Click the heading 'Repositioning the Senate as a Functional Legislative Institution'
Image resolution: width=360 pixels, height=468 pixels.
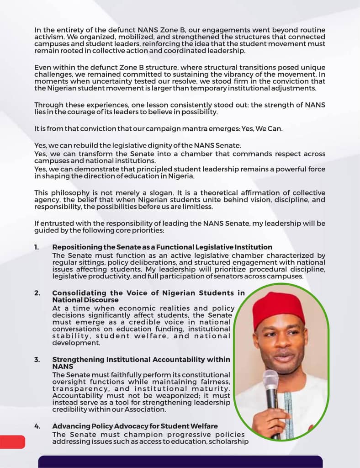[x=162, y=247]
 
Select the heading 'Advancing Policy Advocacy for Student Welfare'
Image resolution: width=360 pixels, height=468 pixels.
[x=135, y=426]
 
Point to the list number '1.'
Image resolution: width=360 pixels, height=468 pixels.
[x=37, y=247]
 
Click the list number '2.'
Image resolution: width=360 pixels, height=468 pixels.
[x=37, y=293]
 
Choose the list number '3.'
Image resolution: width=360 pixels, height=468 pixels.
[x=37, y=360]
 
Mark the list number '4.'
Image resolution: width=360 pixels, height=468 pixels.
[x=37, y=426]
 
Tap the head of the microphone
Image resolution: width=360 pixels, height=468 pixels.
[x=270, y=380]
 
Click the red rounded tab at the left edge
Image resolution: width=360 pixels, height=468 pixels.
[x=12, y=441]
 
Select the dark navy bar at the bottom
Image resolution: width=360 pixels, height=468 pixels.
[x=180, y=462]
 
